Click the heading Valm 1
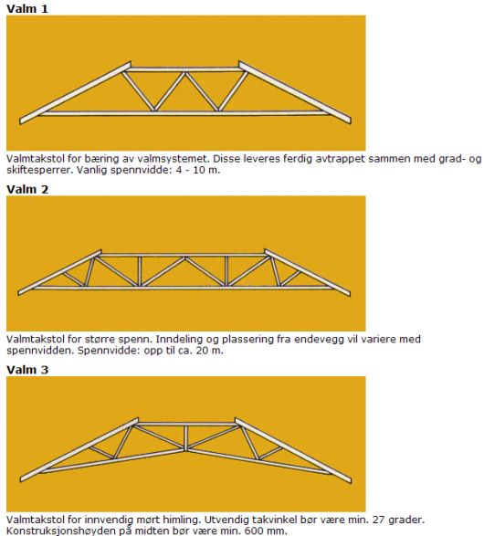coord(27,8)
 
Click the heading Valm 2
coord(27,189)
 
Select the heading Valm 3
coord(27,370)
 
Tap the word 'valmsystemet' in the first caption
coord(174,159)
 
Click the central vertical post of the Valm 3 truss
coord(186,438)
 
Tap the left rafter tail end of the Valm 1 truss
coord(20,121)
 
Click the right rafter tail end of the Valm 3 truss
coord(350,479)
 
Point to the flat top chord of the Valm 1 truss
coord(184,69)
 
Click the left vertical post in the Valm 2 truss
coord(140,271)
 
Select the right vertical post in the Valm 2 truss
coord(226,271)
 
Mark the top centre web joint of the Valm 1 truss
coord(184,72)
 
